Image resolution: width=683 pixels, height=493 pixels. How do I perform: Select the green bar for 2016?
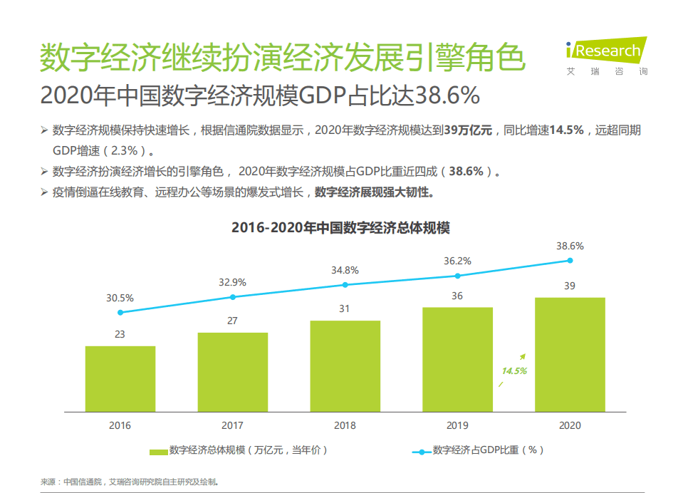[120, 379]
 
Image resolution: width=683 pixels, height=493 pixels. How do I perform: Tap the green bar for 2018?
[345, 366]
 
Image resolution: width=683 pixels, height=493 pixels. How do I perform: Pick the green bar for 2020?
[570, 354]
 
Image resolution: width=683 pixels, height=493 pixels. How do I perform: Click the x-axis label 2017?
[232, 425]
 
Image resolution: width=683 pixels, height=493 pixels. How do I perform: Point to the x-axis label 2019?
[457, 425]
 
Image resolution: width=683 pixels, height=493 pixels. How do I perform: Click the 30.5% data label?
[120, 298]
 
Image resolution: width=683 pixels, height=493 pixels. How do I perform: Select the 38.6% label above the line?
[570, 246]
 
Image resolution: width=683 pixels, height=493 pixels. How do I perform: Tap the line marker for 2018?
[345, 285]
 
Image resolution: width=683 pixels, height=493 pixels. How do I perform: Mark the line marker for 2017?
[232, 297]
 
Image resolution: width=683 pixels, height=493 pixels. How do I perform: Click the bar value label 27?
[232, 321]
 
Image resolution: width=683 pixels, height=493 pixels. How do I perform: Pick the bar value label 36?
[457, 296]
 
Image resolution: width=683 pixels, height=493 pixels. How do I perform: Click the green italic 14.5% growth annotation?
[513, 371]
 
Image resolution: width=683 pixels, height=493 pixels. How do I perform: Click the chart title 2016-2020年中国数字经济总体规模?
[340, 228]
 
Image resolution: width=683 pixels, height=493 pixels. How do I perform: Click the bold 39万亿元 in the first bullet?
[467, 131]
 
